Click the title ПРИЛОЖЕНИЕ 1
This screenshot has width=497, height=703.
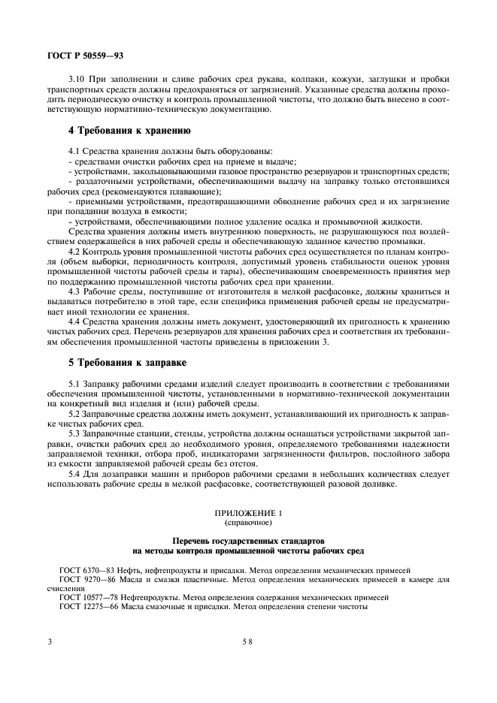[x=247, y=513]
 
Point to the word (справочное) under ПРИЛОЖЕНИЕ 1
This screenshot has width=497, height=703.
[x=247, y=522]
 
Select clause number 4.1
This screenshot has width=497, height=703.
[x=73, y=152]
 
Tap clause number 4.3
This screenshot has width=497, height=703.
[x=73, y=291]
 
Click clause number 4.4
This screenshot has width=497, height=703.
[x=73, y=321]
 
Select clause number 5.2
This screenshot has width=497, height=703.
[x=73, y=414]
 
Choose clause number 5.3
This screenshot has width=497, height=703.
[x=73, y=434]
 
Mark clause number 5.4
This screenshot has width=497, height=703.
[x=73, y=473]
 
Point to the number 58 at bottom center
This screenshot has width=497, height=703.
[x=247, y=642]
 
